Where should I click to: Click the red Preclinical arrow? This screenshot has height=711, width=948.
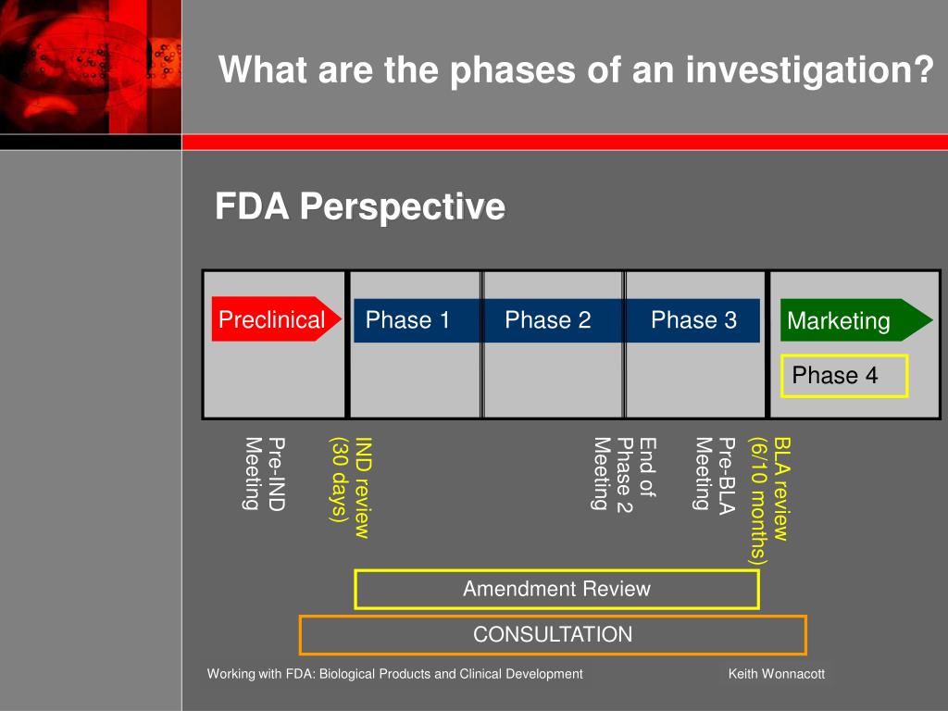276,318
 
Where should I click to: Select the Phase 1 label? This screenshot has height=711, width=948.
407,319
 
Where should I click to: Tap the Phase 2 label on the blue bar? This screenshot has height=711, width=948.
548,319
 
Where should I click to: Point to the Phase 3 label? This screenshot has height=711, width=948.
693,319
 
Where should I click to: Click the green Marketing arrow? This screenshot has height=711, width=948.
856,319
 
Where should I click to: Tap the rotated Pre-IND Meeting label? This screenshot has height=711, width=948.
265,474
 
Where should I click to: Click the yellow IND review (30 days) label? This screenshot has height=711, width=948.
350,487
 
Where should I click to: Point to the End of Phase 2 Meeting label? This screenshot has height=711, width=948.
624,475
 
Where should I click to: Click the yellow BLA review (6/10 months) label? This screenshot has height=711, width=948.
769,502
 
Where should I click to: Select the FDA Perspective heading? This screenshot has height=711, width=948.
360,206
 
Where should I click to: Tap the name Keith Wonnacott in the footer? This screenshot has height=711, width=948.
777,674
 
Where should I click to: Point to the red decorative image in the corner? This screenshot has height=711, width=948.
91,67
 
